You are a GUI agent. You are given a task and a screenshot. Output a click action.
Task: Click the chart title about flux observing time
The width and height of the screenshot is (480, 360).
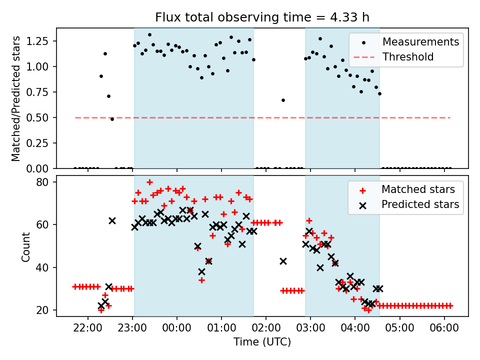point(262,18)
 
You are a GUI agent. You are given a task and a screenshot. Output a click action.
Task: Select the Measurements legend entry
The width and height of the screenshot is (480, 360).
point(420,42)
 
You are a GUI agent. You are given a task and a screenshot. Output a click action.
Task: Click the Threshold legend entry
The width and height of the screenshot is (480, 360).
point(408,57)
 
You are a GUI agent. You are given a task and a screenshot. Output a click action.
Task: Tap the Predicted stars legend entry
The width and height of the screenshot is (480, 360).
point(420,204)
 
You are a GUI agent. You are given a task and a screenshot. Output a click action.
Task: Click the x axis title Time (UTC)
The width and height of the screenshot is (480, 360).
point(262,342)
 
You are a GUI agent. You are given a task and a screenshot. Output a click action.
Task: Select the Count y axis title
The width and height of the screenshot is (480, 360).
point(25,246)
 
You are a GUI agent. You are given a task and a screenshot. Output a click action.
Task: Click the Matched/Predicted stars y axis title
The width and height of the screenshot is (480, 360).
point(16,98)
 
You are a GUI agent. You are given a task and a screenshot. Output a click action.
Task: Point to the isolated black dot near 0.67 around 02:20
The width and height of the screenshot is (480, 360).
point(283,100)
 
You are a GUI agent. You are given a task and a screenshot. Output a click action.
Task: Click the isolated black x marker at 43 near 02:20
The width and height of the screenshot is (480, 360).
point(283,261)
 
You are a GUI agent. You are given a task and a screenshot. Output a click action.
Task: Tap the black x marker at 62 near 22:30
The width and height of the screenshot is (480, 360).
point(112,220)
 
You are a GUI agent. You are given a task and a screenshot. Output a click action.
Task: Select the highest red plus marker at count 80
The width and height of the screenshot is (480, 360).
point(149,182)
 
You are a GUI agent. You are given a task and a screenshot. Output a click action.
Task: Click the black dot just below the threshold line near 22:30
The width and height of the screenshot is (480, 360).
point(112,119)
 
